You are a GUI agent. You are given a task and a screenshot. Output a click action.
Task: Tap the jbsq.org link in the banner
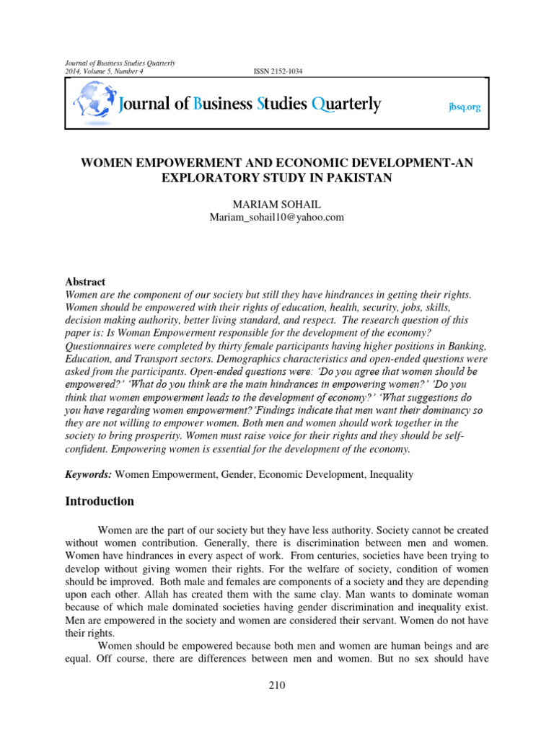464,107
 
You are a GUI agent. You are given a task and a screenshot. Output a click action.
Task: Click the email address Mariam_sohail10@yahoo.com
277,217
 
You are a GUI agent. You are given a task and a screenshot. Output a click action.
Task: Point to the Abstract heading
85,282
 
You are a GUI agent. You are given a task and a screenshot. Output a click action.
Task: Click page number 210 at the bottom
277,685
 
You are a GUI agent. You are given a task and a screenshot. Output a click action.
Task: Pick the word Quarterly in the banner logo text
346,105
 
